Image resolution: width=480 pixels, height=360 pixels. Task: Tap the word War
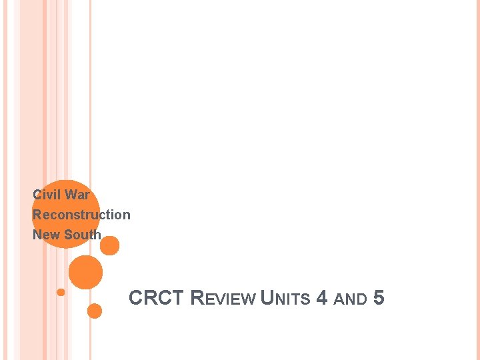click(77, 195)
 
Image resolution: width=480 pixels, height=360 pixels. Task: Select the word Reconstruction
click(81, 215)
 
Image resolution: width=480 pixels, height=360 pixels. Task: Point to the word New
click(45, 235)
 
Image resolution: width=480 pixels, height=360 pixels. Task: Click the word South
click(82, 235)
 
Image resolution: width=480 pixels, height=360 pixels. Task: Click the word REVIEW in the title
click(223, 298)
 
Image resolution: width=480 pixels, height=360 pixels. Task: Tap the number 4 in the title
click(322, 298)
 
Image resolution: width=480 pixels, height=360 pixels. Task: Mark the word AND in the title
click(350, 299)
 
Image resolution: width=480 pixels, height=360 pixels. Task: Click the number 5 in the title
click(379, 298)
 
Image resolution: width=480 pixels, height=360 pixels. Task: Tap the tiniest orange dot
click(61, 292)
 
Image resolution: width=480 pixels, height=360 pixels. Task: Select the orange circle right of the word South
click(110, 246)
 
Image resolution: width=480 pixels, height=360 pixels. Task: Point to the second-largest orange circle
click(86, 273)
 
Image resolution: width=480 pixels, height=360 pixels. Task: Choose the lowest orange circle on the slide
click(95, 311)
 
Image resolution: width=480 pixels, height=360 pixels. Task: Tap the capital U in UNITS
click(268, 298)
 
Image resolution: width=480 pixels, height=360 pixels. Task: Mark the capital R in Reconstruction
click(37, 215)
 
